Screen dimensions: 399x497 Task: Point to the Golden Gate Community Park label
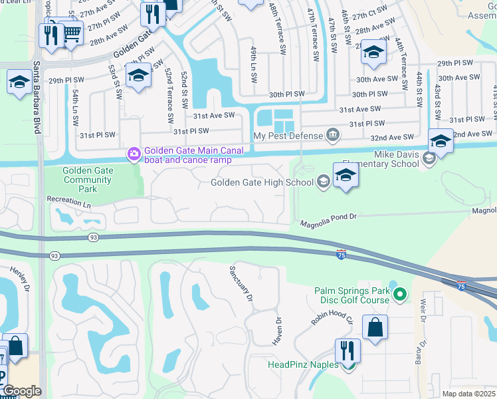(x=88, y=180)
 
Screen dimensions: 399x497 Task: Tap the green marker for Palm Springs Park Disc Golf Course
(x=399, y=293)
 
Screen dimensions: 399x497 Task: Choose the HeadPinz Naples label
(x=303, y=364)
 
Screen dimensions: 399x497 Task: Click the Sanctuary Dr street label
(x=241, y=284)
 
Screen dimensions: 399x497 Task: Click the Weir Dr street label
(x=423, y=311)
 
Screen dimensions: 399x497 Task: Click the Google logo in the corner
(x=21, y=391)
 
